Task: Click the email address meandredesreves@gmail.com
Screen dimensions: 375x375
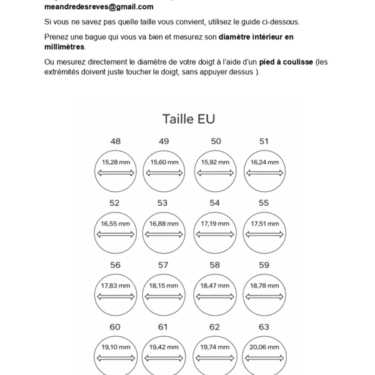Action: point(99,7)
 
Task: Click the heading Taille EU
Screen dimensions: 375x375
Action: point(189,119)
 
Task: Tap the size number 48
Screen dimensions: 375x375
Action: point(116,141)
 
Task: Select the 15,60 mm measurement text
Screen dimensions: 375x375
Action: point(164,162)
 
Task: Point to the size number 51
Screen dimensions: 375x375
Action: point(264,141)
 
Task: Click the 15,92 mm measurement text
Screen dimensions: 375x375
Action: point(215,162)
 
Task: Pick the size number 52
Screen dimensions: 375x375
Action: point(114,203)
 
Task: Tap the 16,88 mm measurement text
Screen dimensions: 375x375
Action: point(164,224)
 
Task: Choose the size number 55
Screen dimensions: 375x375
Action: point(264,203)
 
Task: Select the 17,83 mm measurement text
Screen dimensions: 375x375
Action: point(116,286)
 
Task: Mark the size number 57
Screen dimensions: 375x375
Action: point(163,265)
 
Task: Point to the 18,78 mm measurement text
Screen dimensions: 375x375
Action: point(264,286)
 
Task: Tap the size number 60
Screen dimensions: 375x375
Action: point(115,327)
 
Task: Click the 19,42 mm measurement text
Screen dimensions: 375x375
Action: point(164,347)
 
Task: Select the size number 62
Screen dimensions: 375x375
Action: point(214,327)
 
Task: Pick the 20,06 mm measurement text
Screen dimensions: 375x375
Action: point(264,347)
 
